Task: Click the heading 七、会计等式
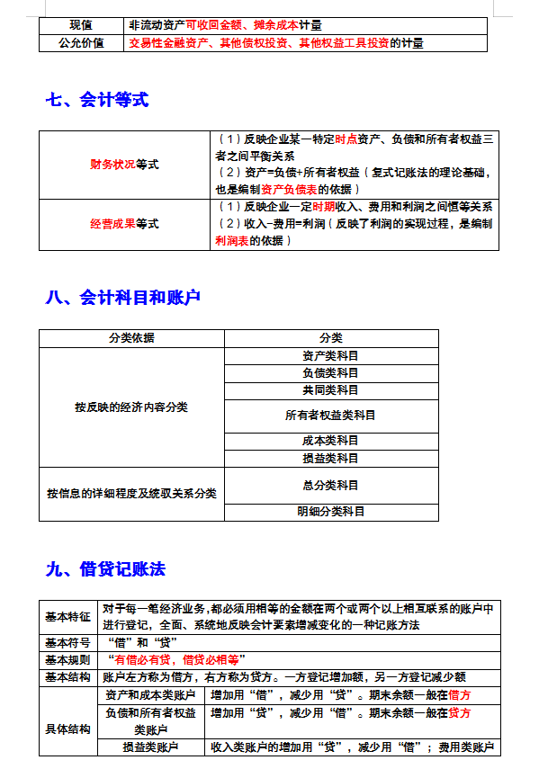(96, 100)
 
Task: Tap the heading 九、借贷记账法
(105, 569)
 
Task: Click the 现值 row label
(80, 25)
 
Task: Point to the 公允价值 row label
(80, 42)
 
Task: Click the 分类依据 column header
(131, 337)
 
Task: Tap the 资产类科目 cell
(330, 355)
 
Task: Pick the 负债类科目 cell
(330, 372)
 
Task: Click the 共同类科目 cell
(330, 389)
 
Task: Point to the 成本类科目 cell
(330, 441)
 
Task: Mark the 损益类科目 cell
(330, 458)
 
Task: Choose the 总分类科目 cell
(330, 485)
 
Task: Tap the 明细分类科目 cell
(330, 511)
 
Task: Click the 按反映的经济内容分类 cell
(131, 407)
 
